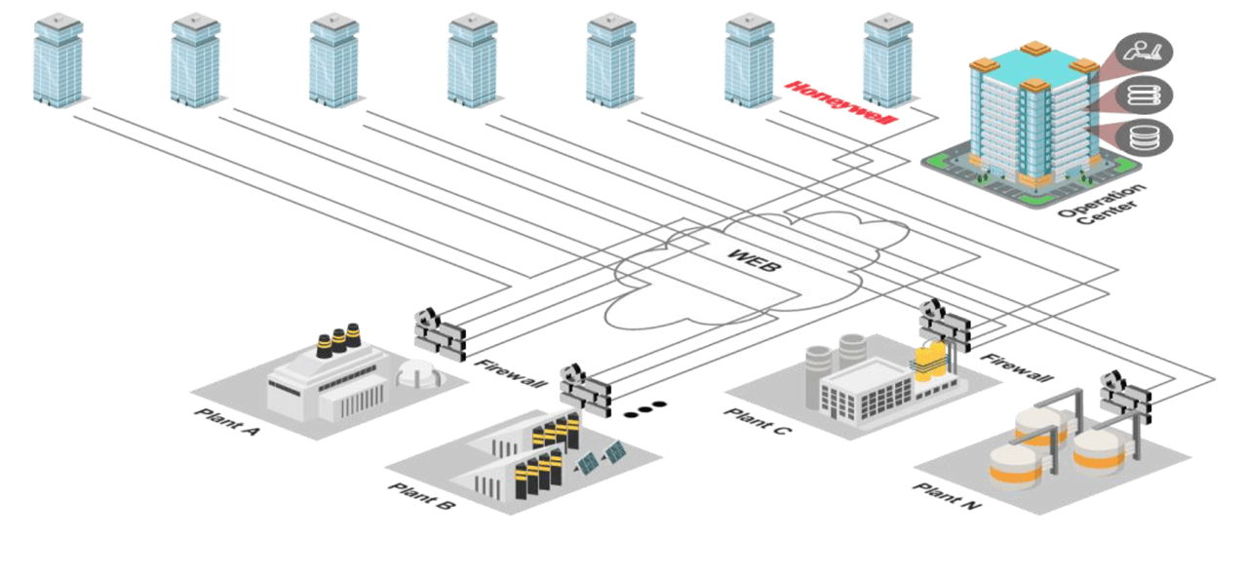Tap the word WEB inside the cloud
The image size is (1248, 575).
(x=754, y=261)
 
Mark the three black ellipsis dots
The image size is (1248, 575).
(x=644, y=408)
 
